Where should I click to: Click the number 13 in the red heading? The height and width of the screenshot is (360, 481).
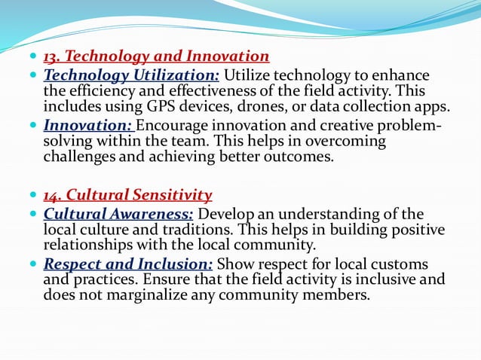coord(51,56)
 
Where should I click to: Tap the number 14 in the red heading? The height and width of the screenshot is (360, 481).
coord(51,196)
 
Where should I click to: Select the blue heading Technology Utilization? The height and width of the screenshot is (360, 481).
coord(132,75)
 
